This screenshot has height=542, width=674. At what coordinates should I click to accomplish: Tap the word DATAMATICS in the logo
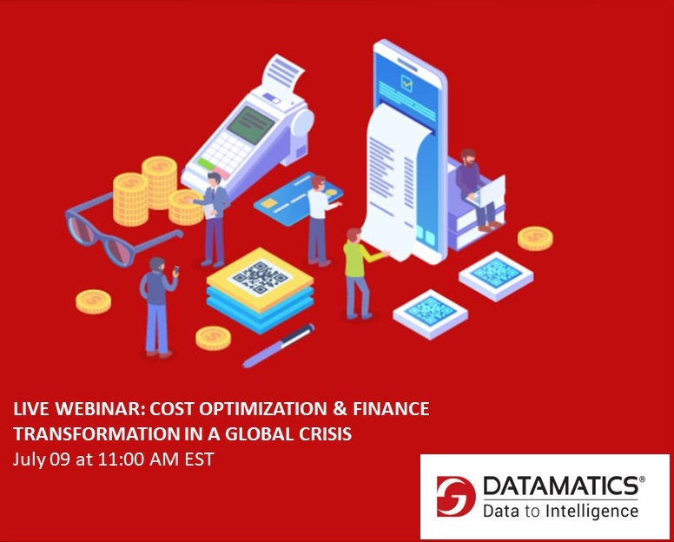pos(562,486)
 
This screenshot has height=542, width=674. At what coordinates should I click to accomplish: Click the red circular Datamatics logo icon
pos(456,498)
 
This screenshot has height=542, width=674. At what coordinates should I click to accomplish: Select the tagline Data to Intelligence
pos(560,511)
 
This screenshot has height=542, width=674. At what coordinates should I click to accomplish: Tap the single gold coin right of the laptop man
pos(535,237)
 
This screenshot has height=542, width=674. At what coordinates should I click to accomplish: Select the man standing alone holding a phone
pos(158,304)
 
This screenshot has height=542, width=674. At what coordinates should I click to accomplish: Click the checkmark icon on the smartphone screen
pos(406,83)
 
